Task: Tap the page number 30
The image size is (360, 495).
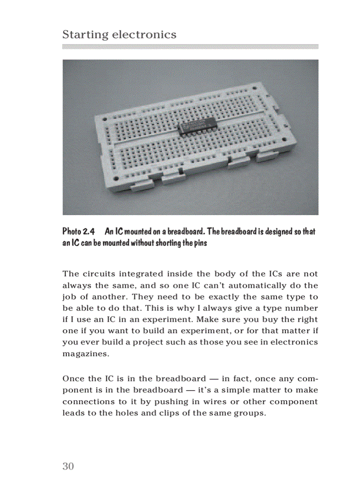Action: pyautogui.click(x=68, y=466)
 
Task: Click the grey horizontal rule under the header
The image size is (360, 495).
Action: pyautogui.click(x=190, y=46)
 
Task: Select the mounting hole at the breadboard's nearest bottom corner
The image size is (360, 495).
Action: pyautogui.click(x=116, y=178)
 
